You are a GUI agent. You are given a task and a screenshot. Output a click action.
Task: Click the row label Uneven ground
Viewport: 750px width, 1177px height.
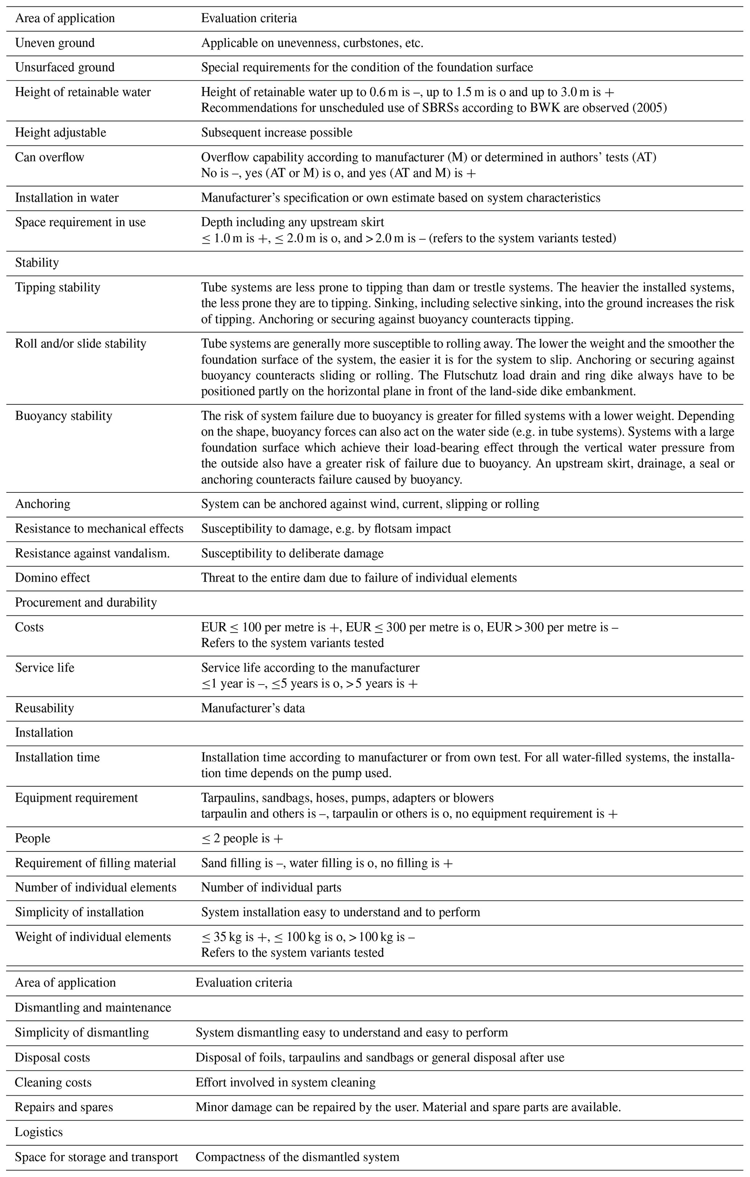[55, 43]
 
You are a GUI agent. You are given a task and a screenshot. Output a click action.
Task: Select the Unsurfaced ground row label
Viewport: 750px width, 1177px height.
[65, 67]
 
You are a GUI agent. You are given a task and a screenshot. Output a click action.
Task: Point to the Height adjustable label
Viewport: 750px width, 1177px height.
[61, 132]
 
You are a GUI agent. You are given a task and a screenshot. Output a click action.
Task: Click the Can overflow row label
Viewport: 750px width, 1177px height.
[49, 157]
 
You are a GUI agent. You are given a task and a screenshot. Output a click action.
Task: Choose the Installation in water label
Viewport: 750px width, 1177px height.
[67, 198]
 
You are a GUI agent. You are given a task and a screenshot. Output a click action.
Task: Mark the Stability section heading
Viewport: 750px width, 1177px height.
[37, 263]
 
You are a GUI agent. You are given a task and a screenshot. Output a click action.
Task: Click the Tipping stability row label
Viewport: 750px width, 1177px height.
[58, 288]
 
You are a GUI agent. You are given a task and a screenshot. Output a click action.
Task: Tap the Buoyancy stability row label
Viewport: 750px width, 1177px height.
[63, 416]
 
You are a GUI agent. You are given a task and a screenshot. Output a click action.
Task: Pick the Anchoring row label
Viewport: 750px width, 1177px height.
[42, 504]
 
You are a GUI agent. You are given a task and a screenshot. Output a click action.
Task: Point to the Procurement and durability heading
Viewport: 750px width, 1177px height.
[86, 602]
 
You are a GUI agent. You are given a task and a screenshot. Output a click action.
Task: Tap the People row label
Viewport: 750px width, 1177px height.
[33, 838]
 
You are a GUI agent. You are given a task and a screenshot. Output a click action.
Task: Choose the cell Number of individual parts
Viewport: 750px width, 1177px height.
[271, 888]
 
